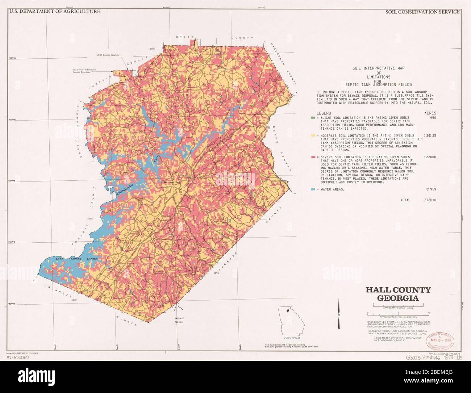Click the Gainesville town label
coord(171,182)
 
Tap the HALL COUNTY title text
coord(398,290)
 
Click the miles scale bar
coord(398,306)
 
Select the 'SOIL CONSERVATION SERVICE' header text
coord(422,12)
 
